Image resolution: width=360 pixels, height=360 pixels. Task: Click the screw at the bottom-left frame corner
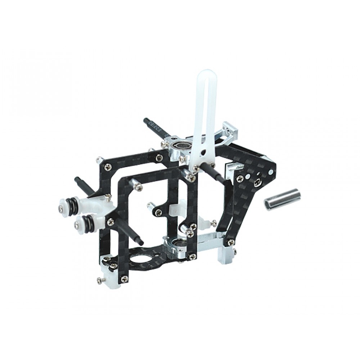coord(124,278)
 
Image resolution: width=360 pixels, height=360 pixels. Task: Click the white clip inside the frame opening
coord(175,209)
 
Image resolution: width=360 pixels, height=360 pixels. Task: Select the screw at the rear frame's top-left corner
coord(108,166)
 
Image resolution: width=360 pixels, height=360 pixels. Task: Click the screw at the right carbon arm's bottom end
coord(230,242)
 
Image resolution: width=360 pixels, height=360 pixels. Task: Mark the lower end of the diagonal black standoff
coord(141,243)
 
